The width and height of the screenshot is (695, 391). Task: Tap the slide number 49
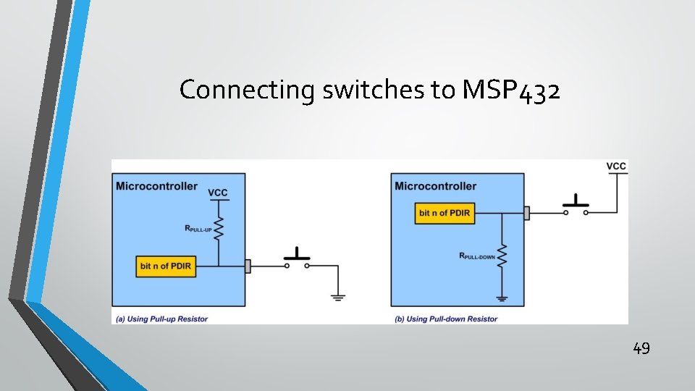(641, 348)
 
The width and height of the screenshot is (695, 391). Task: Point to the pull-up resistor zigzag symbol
(219, 230)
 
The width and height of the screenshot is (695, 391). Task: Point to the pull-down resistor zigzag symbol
(502, 256)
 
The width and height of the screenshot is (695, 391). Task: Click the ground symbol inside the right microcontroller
(502, 297)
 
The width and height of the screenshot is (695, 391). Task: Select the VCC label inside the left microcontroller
(218, 193)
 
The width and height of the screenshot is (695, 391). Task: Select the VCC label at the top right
(616, 167)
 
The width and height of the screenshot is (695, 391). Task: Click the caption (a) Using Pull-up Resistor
(161, 319)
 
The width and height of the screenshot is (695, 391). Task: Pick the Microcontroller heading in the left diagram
(156, 186)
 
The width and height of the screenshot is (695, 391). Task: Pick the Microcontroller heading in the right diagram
(436, 186)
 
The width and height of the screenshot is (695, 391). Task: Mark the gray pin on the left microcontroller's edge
(248, 266)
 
